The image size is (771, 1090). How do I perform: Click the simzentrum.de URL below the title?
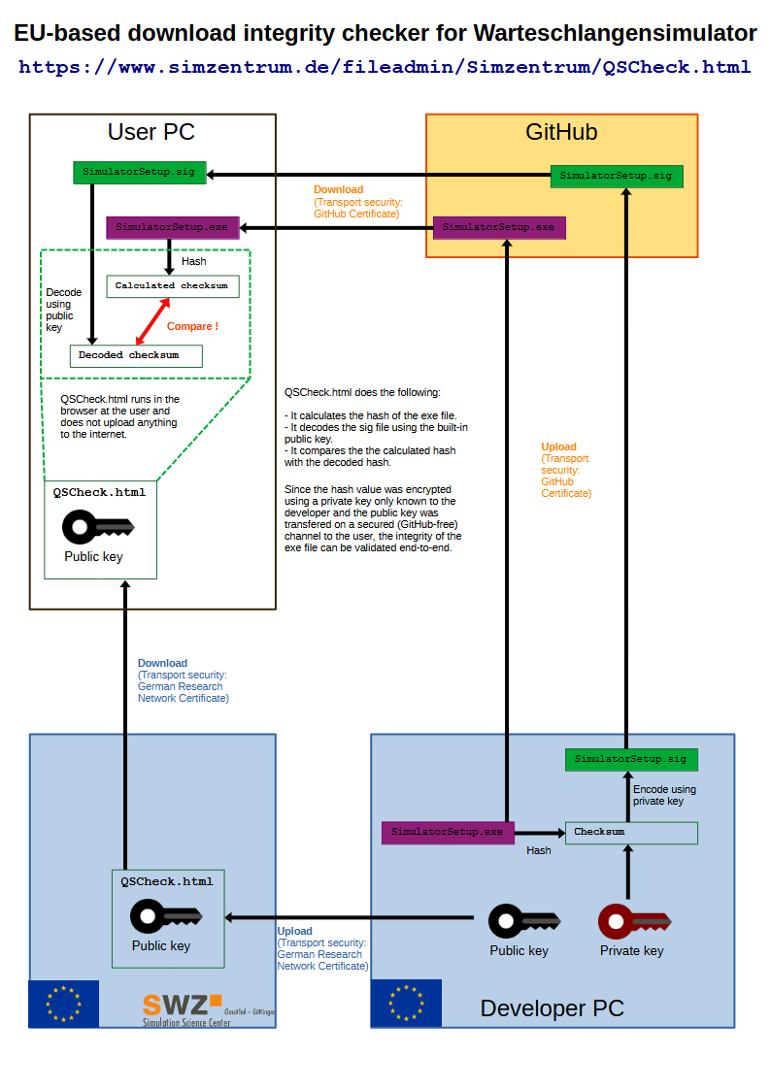pos(385,67)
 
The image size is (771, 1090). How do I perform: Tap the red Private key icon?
pos(634,922)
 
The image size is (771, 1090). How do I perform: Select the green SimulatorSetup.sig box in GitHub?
pos(617,176)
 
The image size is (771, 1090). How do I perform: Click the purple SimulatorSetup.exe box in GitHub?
pos(499,228)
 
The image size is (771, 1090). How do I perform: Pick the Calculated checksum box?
pos(173,286)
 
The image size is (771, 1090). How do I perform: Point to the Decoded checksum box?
pos(136,356)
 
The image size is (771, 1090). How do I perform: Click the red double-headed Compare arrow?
pos(153,321)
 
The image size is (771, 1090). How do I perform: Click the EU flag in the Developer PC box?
pos(406,1003)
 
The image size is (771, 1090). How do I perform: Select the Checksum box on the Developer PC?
pos(631,833)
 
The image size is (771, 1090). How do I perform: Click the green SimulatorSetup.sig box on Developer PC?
pos(631,760)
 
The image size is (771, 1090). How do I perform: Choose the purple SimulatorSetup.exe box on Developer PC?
pos(448,833)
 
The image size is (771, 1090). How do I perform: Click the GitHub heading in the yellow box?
pos(561,132)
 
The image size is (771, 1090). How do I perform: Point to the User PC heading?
pos(151,132)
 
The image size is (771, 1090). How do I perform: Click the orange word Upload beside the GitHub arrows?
pos(559,447)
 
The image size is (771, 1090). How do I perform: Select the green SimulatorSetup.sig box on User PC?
pos(140,173)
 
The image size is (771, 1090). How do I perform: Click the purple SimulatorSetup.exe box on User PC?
pos(173,228)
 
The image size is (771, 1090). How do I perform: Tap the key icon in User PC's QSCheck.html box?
pos(98,527)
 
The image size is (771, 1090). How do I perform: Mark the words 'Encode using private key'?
pos(664,795)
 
